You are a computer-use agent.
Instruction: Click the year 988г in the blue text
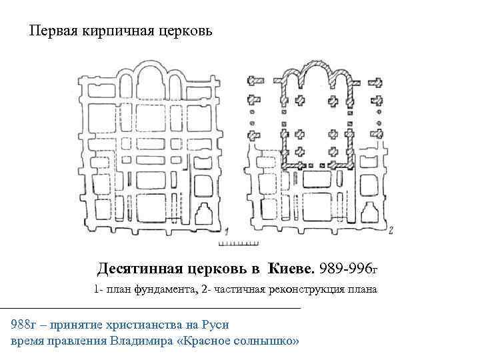tap(23, 325)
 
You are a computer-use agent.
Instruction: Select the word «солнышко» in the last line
tap(267, 341)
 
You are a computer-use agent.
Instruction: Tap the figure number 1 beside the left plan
tap(228, 231)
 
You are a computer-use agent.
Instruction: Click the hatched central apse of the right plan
tap(318, 75)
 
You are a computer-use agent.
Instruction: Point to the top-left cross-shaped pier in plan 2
tap(255, 81)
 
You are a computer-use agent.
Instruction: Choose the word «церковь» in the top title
tap(184, 31)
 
